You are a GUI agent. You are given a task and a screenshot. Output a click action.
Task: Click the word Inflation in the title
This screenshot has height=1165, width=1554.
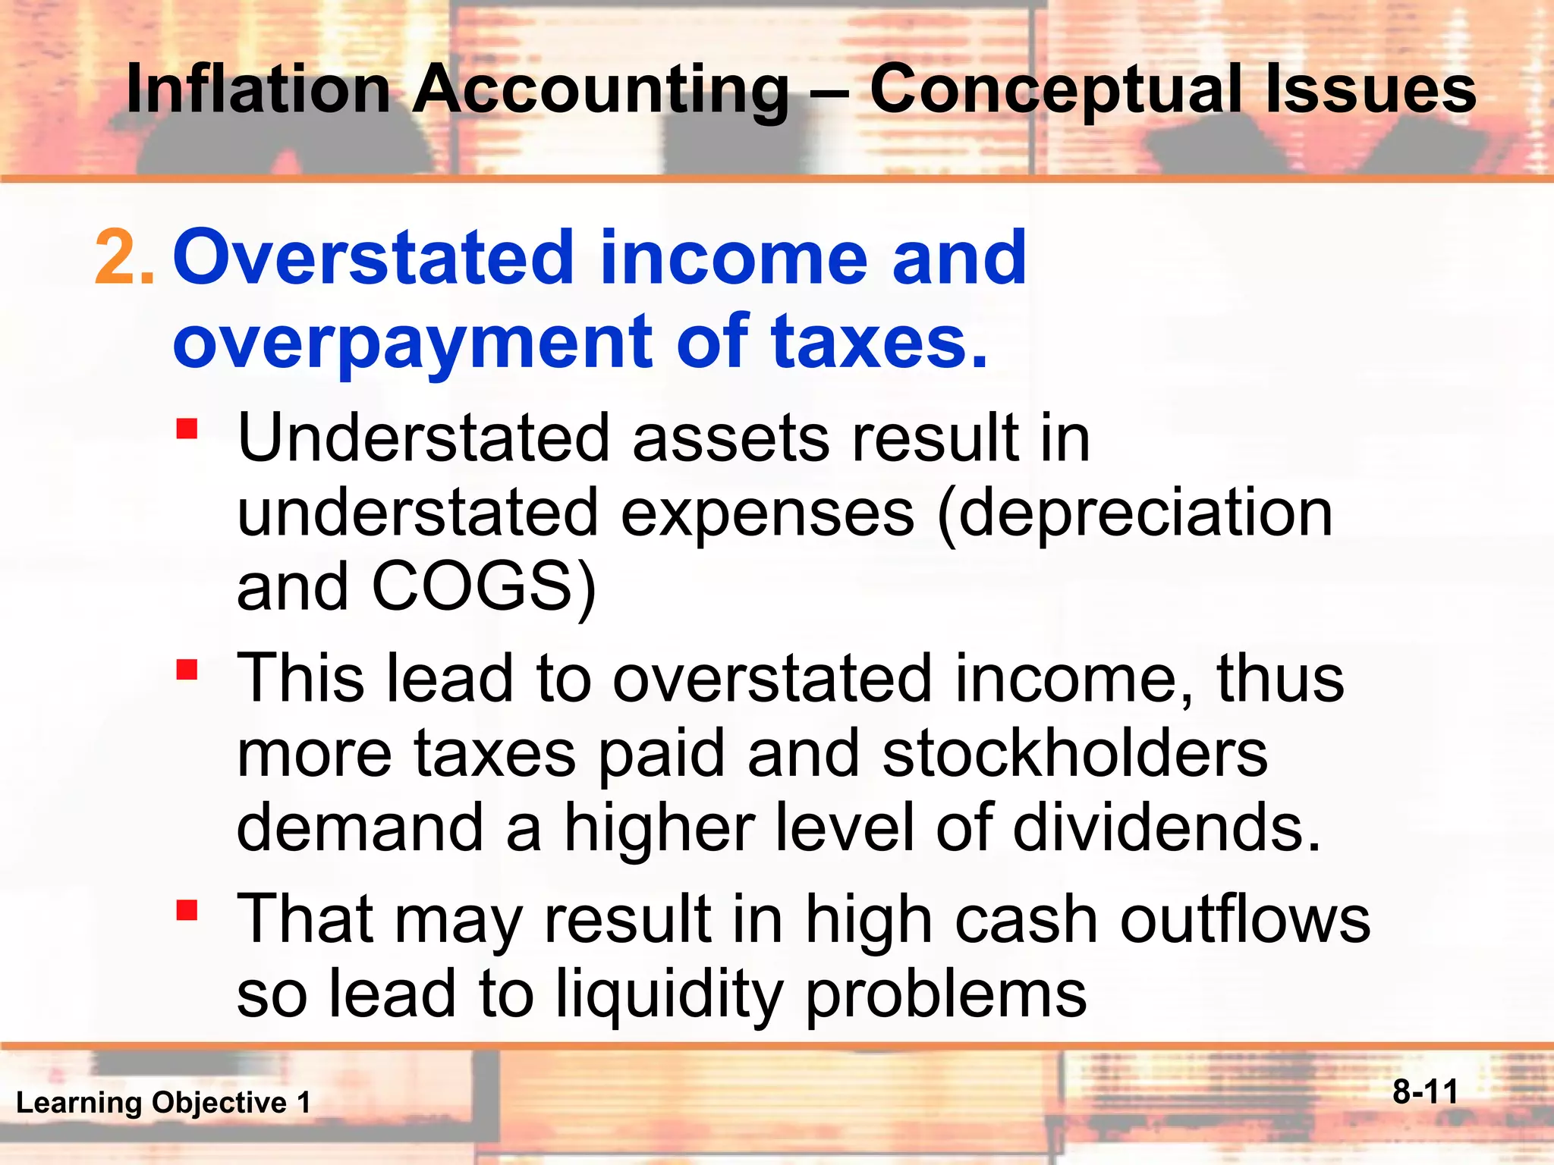click(x=258, y=89)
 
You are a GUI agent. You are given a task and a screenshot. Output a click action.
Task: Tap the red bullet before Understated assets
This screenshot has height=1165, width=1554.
click(x=187, y=429)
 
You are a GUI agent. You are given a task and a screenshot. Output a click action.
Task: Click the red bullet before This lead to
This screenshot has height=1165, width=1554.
click(x=187, y=670)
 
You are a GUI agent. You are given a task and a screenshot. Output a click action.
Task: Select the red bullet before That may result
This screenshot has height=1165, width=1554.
click(x=187, y=909)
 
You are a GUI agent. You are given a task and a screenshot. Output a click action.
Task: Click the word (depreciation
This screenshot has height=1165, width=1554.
click(x=1135, y=514)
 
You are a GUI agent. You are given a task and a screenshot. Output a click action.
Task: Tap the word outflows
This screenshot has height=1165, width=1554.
click(x=1244, y=918)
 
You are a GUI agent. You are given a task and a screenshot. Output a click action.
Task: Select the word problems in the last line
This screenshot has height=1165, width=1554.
click(x=945, y=994)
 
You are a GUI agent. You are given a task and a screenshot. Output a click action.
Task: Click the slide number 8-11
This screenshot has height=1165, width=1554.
click(x=1425, y=1092)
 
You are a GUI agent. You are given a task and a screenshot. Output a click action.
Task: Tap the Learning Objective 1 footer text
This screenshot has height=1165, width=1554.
click(x=163, y=1102)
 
